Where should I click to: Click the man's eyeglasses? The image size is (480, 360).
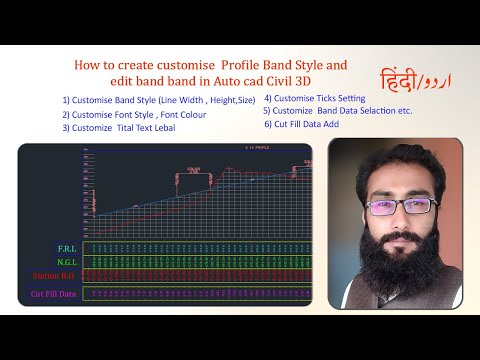coord(399,207)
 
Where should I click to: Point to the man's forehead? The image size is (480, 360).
coord(399,180)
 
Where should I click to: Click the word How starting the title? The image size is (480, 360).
coord(86,65)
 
